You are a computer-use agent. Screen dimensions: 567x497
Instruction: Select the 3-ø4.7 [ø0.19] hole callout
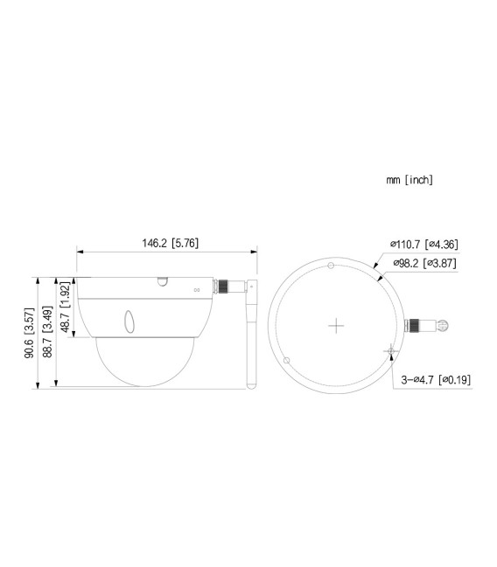click(435, 380)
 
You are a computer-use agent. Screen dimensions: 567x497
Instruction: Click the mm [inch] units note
click(409, 180)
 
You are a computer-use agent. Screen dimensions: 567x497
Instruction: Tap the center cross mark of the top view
click(336, 325)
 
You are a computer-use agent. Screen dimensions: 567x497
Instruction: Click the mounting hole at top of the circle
click(330, 266)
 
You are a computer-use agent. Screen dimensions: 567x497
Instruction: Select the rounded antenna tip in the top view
click(444, 327)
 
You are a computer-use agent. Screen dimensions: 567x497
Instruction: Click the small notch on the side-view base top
click(162, 281)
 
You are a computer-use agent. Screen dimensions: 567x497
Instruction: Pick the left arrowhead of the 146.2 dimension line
click(80, 252)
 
